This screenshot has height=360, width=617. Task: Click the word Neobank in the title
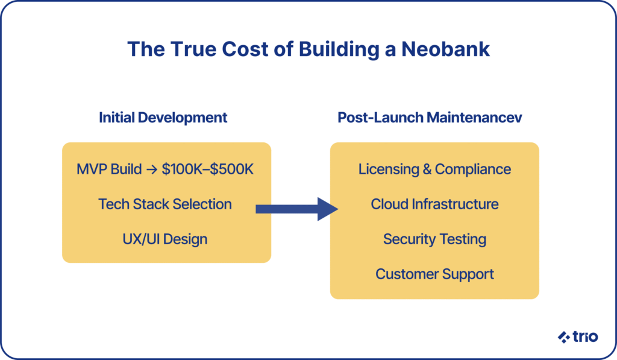click(445, 49)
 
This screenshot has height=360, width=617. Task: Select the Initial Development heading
click(163, 118)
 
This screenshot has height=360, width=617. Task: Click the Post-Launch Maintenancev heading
click(430, 118)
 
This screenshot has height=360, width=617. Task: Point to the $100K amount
click(183, 169)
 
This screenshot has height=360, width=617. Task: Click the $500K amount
click(231, 169)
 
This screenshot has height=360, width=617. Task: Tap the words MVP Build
click(109, 169)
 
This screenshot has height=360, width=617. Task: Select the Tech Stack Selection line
click(165, 204)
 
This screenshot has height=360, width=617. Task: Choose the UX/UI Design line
click(165, 239)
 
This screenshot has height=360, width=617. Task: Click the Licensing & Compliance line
click(434, 169)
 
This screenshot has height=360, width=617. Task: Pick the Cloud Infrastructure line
click(434, 204)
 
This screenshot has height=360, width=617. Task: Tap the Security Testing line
click(434, 239)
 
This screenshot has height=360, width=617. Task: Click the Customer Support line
click(434, 274)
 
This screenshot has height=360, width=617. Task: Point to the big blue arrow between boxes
click(296, 209)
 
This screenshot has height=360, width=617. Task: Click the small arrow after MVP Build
click(152, 169)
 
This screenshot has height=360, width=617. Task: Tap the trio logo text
click(585, 336)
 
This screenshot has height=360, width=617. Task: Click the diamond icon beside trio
click(564, 337)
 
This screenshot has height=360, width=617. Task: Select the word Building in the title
click(339, 49)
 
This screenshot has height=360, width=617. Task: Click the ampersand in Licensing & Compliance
click(427, 169)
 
